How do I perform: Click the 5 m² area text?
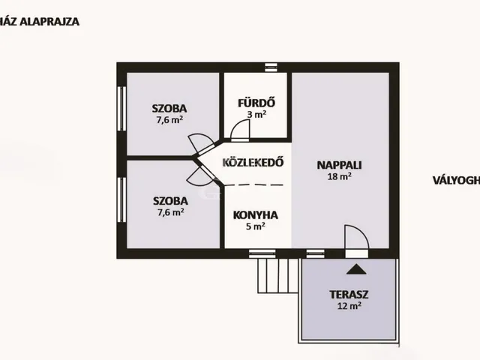(x=256, y=226)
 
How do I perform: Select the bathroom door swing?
(x=240, y=130)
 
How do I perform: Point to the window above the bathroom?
(x=271, y=67)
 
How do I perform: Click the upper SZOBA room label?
(x=169, y=107)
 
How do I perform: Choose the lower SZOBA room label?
(x=169, y=201)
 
